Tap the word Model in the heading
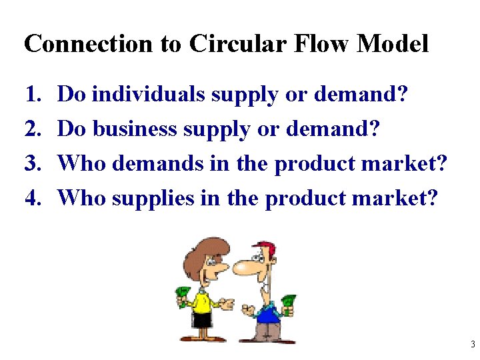[x=393, y=44]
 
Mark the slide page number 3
[x=472, y=345]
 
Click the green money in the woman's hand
[x=183, y=294]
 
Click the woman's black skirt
[x=203, y=320]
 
